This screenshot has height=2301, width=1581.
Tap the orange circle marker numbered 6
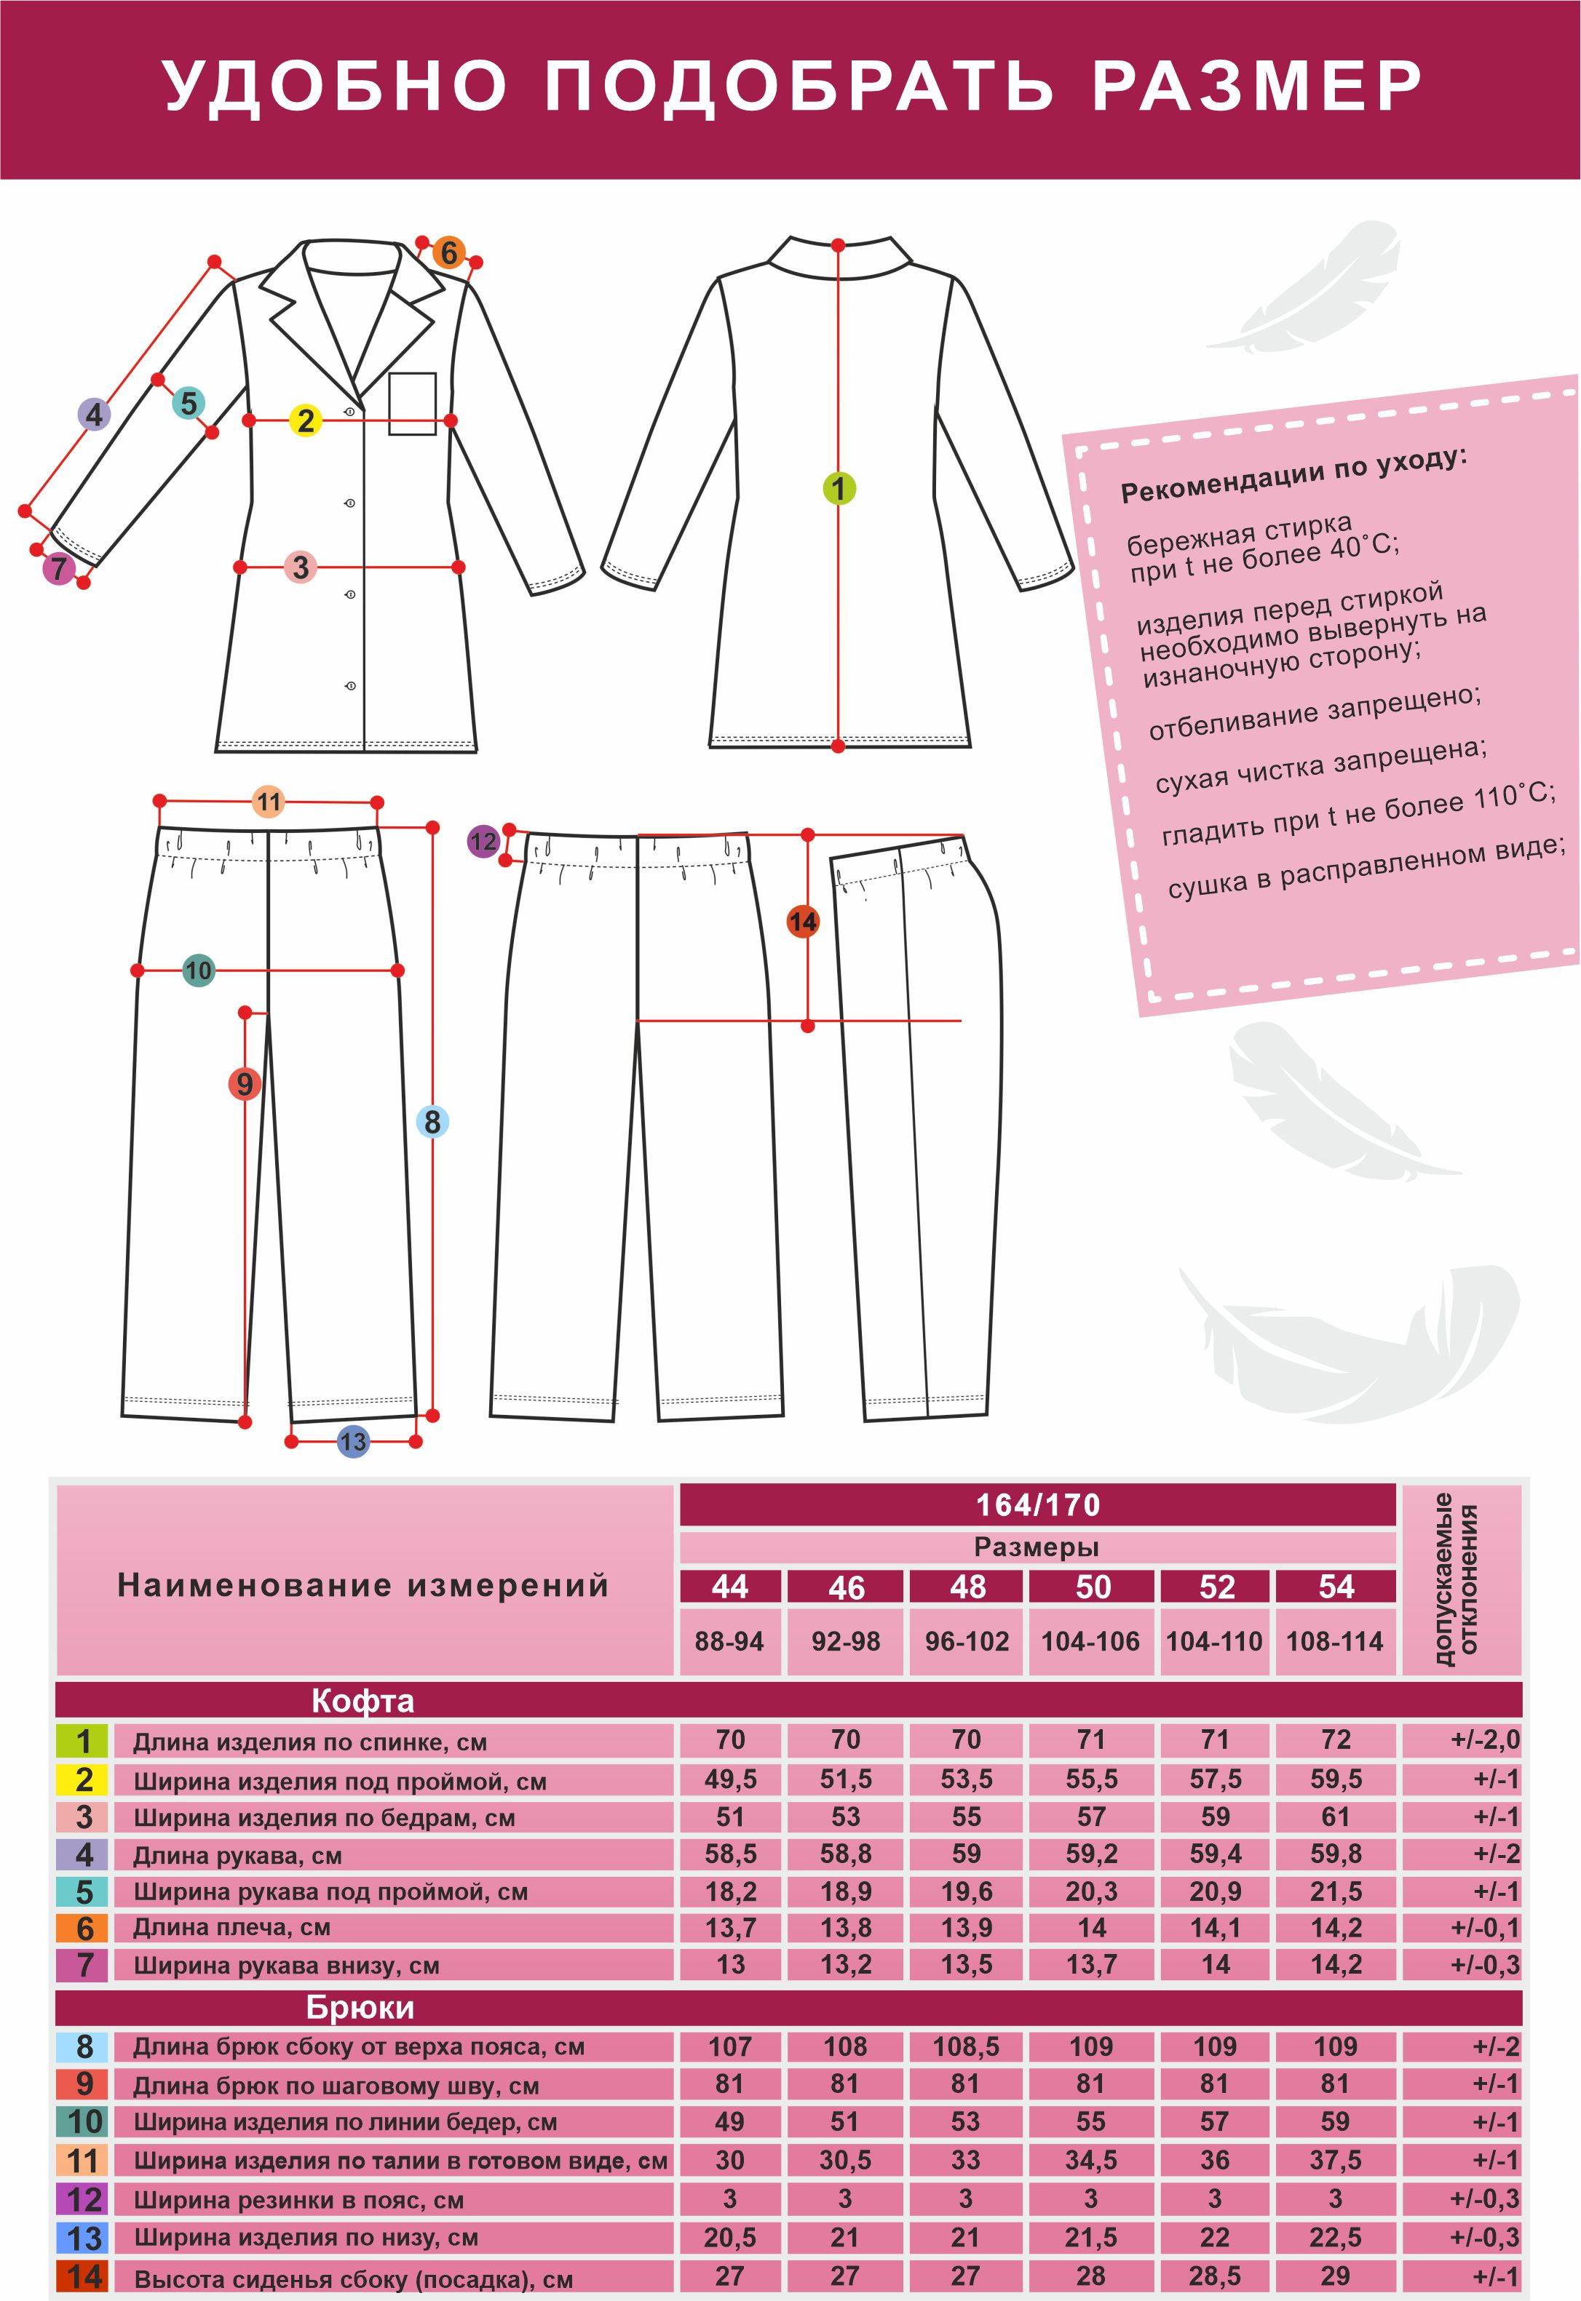[448, 252]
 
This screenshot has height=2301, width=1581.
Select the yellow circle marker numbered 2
[305, 420]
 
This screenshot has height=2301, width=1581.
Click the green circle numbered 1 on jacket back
[839, 488]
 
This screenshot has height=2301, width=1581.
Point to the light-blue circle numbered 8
[432, 1122]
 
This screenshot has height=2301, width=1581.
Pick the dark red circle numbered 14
[802, 922]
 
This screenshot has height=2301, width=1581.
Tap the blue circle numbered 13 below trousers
[354, 1442]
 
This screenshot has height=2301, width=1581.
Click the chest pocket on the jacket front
[412, 403]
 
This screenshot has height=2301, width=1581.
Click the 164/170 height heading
[1037, 1505]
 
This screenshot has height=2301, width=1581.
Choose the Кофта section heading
[362, 1701]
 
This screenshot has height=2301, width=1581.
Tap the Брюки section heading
[360, 2007]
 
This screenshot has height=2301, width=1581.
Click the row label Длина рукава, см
[238, 1856]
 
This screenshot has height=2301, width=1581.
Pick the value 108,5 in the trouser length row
[966, 2046]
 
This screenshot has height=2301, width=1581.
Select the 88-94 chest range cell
[729, 1642]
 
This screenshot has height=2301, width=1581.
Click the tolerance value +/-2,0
[1484, 1739]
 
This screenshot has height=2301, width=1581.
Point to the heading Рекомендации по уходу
[1293, 474]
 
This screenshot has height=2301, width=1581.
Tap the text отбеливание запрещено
[1315, 713]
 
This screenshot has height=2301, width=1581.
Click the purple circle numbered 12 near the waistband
[483, 842]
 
